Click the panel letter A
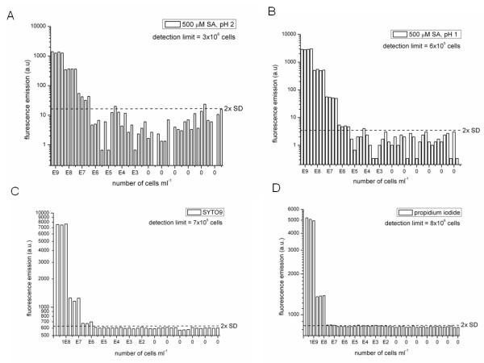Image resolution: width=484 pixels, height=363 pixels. pyautogui.click(x=9, y=11)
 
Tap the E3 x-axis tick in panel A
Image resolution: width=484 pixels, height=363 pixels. pyautogui.click(x=135, y=171)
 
